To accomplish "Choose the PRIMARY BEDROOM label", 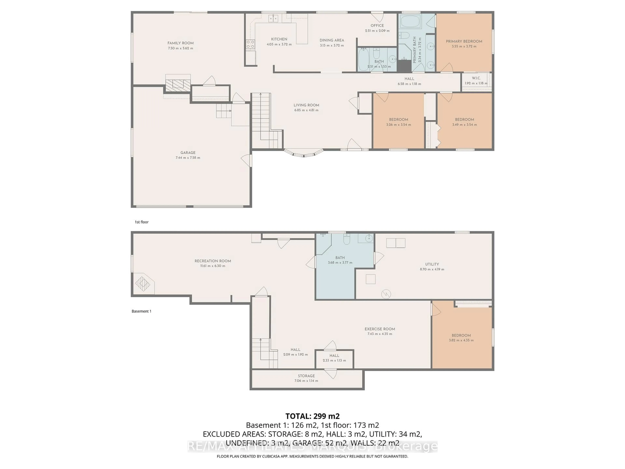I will tap(464, 41).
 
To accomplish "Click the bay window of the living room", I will tap(303, 154).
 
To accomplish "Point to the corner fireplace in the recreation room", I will tap(143, 283).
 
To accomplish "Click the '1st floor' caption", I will tap(142, 222).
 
